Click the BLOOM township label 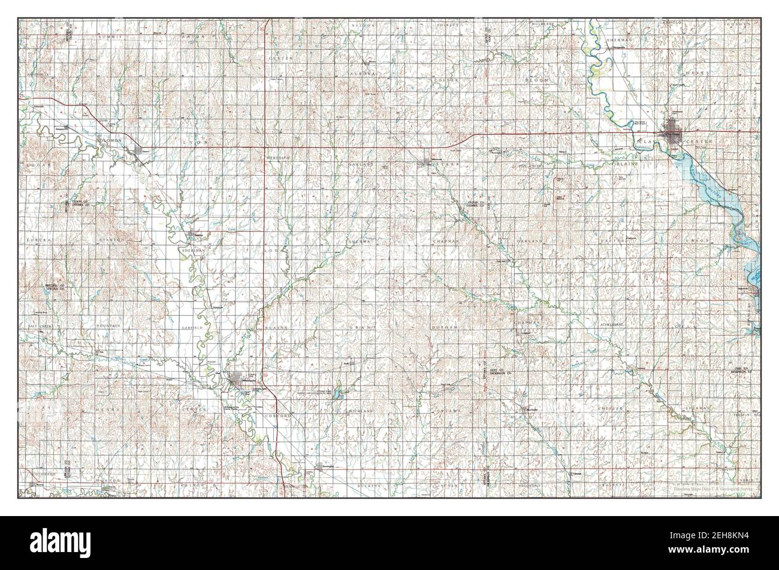pos(536,80)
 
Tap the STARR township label pos(443,163)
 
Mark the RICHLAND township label pos(361,412)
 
